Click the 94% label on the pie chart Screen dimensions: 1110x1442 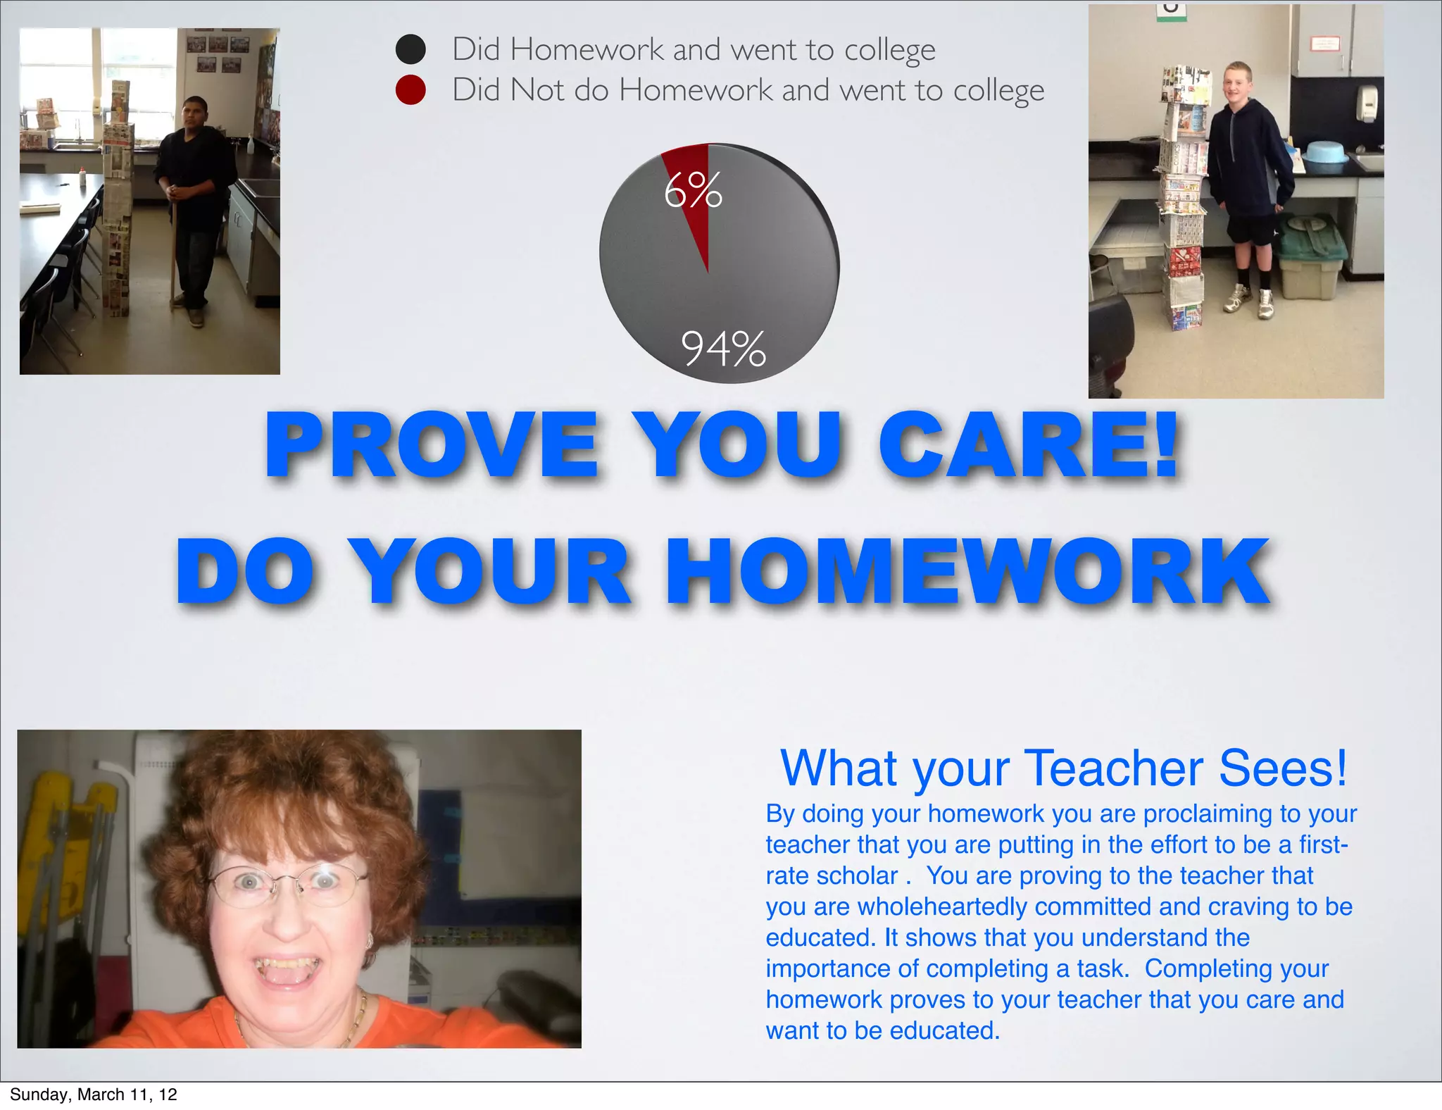coord(723,349)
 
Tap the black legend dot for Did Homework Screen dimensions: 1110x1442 coord(410,49)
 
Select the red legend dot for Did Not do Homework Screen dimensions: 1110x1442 coord(410,90)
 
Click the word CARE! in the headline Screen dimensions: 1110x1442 coord(1028,446)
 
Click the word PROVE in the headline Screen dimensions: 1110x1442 coord(432,446)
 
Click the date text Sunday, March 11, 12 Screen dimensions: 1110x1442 coord(93,1094)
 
